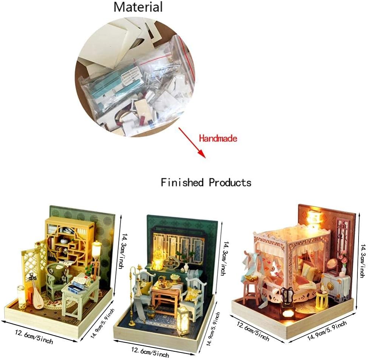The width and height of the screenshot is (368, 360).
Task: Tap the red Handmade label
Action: point(218,139)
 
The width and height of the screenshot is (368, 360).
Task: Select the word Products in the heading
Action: point(230,182)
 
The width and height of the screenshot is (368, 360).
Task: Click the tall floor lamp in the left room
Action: point(96,261)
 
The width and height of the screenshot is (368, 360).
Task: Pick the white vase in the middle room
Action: point(186,268)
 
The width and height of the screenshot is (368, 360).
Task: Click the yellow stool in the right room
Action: point(321,299)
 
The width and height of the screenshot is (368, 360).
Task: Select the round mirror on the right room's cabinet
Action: point(332,265)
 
